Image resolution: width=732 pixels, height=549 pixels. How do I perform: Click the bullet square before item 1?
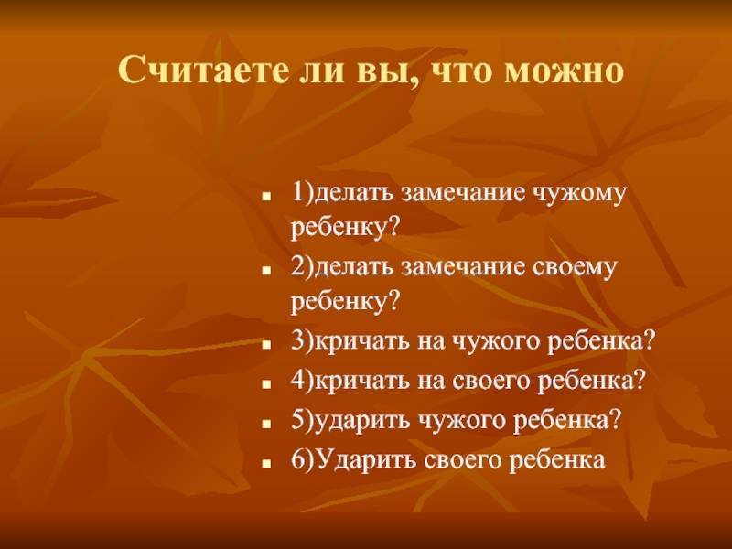coord(266,197)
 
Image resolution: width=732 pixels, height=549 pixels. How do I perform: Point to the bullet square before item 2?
coord(266,271)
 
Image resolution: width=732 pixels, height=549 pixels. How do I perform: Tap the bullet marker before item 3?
coord(266,345)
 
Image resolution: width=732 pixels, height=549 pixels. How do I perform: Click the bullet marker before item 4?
coord(266,384)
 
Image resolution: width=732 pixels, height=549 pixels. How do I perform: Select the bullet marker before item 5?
coord(266,425)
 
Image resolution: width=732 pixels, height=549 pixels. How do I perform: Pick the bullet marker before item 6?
coord(266,464)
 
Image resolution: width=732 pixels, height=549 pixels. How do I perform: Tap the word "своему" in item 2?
coord(575,268)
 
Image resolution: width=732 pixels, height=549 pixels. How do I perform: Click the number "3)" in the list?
coord(303,341)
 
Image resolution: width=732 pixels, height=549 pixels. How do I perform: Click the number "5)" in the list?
coord(303,421)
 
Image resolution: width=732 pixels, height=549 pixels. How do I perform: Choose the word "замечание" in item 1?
coord(464,193)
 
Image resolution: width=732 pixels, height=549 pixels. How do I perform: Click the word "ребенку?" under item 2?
coord(346,301)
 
